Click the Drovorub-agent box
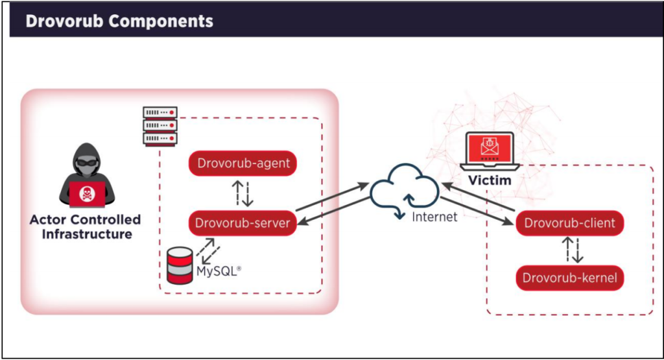tap(243, 163)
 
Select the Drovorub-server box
tap(243, 224)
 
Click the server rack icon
tap(160, 126)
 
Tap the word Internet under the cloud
tap(434, 217)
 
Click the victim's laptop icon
tap(490, 150)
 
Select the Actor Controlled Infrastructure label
tap(85, 226)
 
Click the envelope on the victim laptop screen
tap(490, 147)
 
